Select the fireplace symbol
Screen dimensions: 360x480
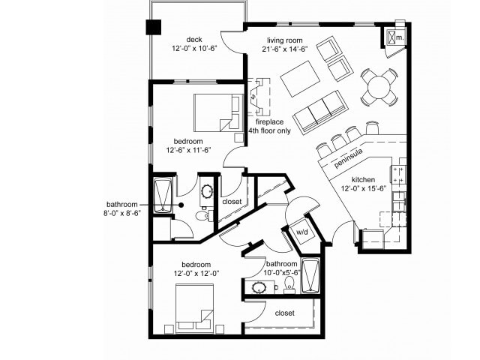(259, 96)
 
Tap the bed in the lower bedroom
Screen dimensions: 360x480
(195, 308)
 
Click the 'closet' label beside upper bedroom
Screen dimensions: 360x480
(232, 201)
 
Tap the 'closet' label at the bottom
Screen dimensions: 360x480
(284, 313)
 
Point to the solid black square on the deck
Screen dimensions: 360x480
(154, 26)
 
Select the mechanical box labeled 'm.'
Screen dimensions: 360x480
(396, 34)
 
